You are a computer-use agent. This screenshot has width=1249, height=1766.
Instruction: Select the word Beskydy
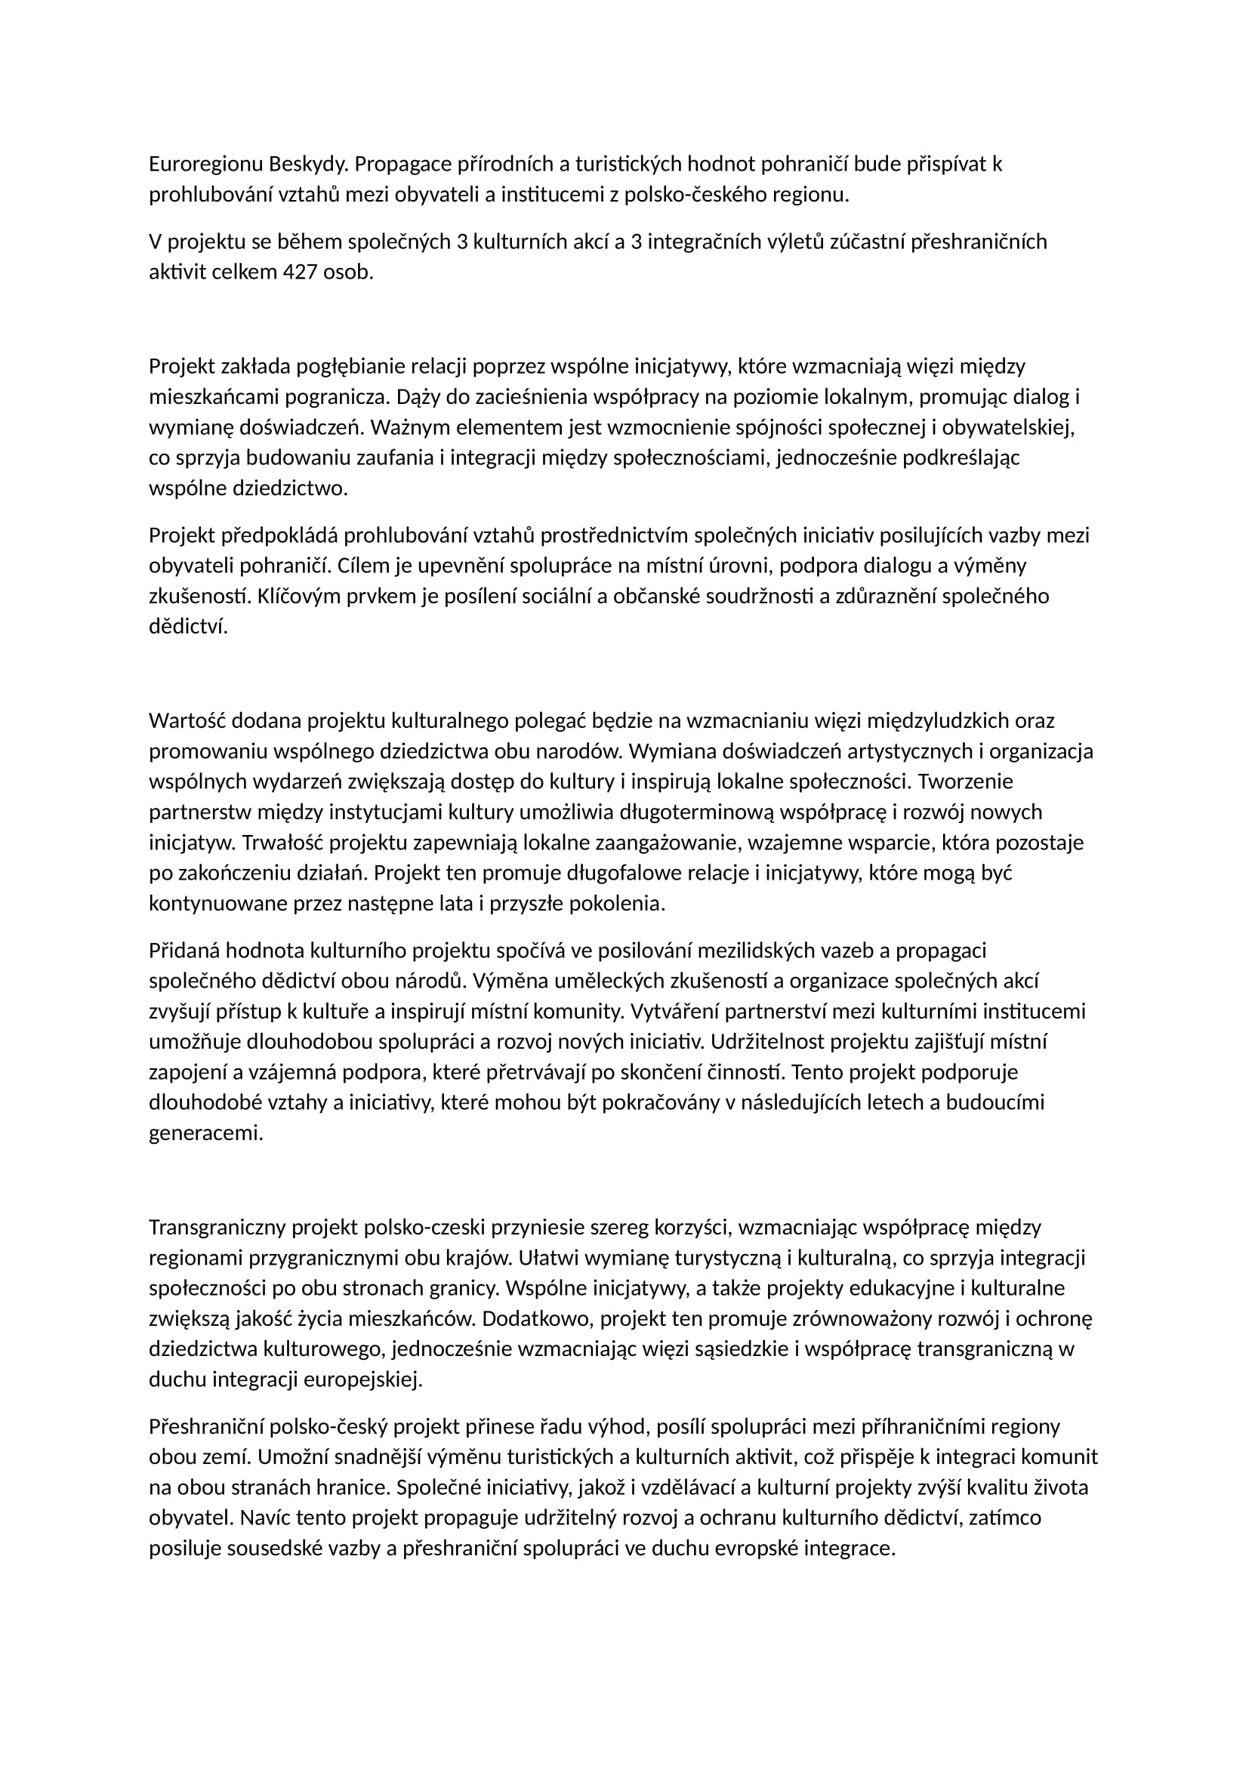pyautogui.click(x=308, y=165)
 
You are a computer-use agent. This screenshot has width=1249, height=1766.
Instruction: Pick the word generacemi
pyautogui.click(x=205, y=1133)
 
